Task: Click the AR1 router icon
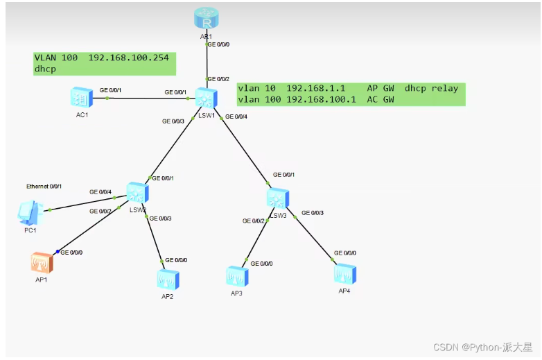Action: click(x=207, y=18)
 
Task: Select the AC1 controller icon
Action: click(x=82, y=97)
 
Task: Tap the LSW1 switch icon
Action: click(x=207, y=98)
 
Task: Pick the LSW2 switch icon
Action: click(x=137, y=193)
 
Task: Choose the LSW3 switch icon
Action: click(x=278, y=198)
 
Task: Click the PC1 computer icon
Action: click(x=30, y=212)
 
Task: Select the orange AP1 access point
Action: click(x=42, y=263)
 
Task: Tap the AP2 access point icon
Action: click(x=168, y=280)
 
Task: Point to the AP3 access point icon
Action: click(x=237, y=276)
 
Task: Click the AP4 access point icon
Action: click(x=345, y=274)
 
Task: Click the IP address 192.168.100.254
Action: click(x=129, y=58)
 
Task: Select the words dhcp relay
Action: click(x=431, y=88)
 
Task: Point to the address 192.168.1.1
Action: click(x=315, y=88)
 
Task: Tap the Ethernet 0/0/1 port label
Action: click(x=44, y=187)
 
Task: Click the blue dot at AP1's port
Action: click(x=58, y=251)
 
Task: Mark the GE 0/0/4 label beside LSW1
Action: click(x=236, y=117)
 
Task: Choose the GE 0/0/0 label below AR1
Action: click(x=218, y=44)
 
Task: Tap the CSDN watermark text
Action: click(x=482, y=348)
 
